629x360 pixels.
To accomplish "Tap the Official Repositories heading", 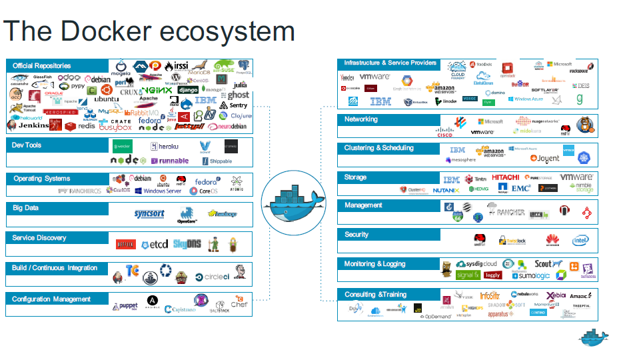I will (41, 66).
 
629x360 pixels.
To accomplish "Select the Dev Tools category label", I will (27, 145).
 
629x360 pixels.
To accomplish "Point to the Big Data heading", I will (26, 208).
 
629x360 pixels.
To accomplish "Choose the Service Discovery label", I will (39, 238).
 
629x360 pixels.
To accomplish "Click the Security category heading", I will (356, 235).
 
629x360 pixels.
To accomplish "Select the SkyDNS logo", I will (187, 245).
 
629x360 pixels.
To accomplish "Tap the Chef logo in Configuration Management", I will (239, 303).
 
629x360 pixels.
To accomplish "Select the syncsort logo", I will (149, 213).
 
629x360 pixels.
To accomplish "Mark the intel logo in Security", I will (580, 240).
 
